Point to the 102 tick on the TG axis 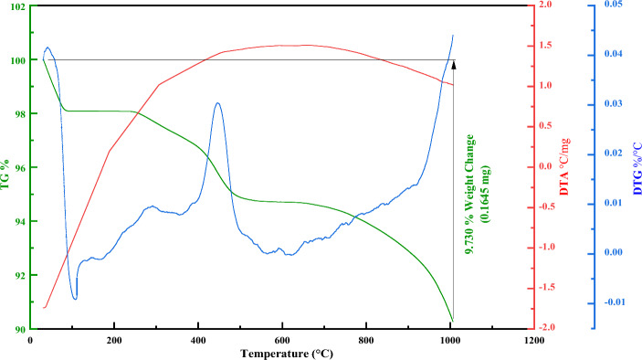(16, 6)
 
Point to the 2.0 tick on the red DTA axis (546, 5)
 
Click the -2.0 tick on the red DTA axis (544, 328)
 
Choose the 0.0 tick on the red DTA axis (546, 167)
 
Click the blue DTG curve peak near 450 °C (217, 103)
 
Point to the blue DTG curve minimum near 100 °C (75, 298)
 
